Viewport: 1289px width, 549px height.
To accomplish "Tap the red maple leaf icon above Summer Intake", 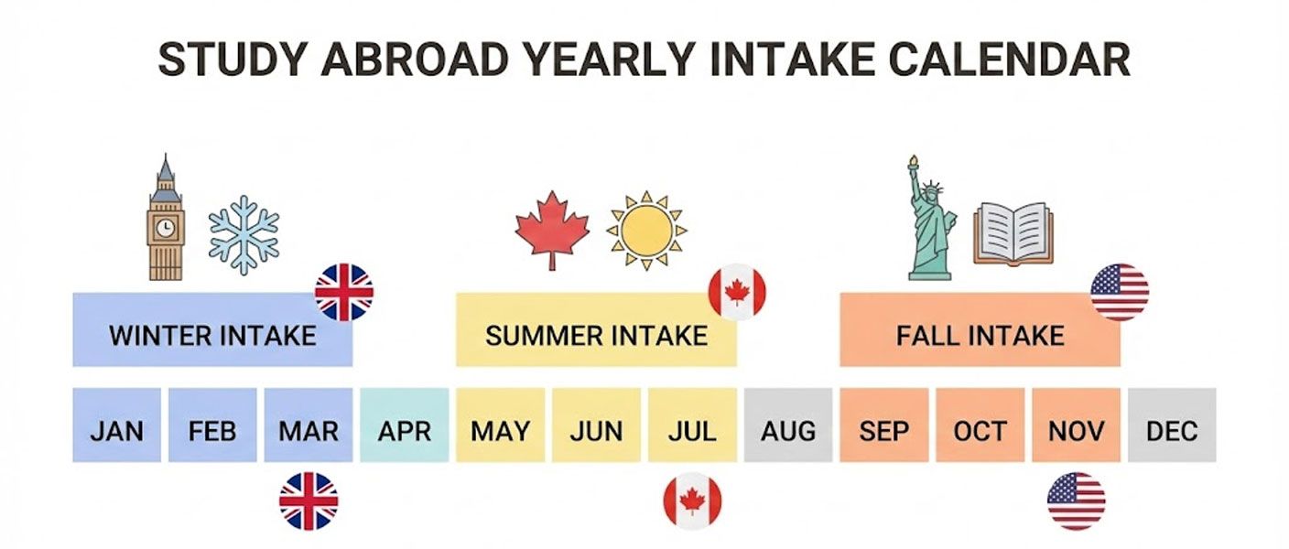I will [552, 229].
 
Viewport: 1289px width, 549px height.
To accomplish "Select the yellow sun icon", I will [646, 230].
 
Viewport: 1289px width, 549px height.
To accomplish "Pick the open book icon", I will [1013, 232].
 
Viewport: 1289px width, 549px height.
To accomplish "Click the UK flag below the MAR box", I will [309, 501].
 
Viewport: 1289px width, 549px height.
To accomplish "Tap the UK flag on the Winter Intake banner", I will [344, 292].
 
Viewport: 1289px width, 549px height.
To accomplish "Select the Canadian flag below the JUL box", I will [692, 501].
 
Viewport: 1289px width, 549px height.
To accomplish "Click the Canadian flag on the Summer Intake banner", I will [737, 292].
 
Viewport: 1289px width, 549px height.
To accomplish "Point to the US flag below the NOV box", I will [1076, 501].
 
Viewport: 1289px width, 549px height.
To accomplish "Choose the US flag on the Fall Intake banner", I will [1120, 292].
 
